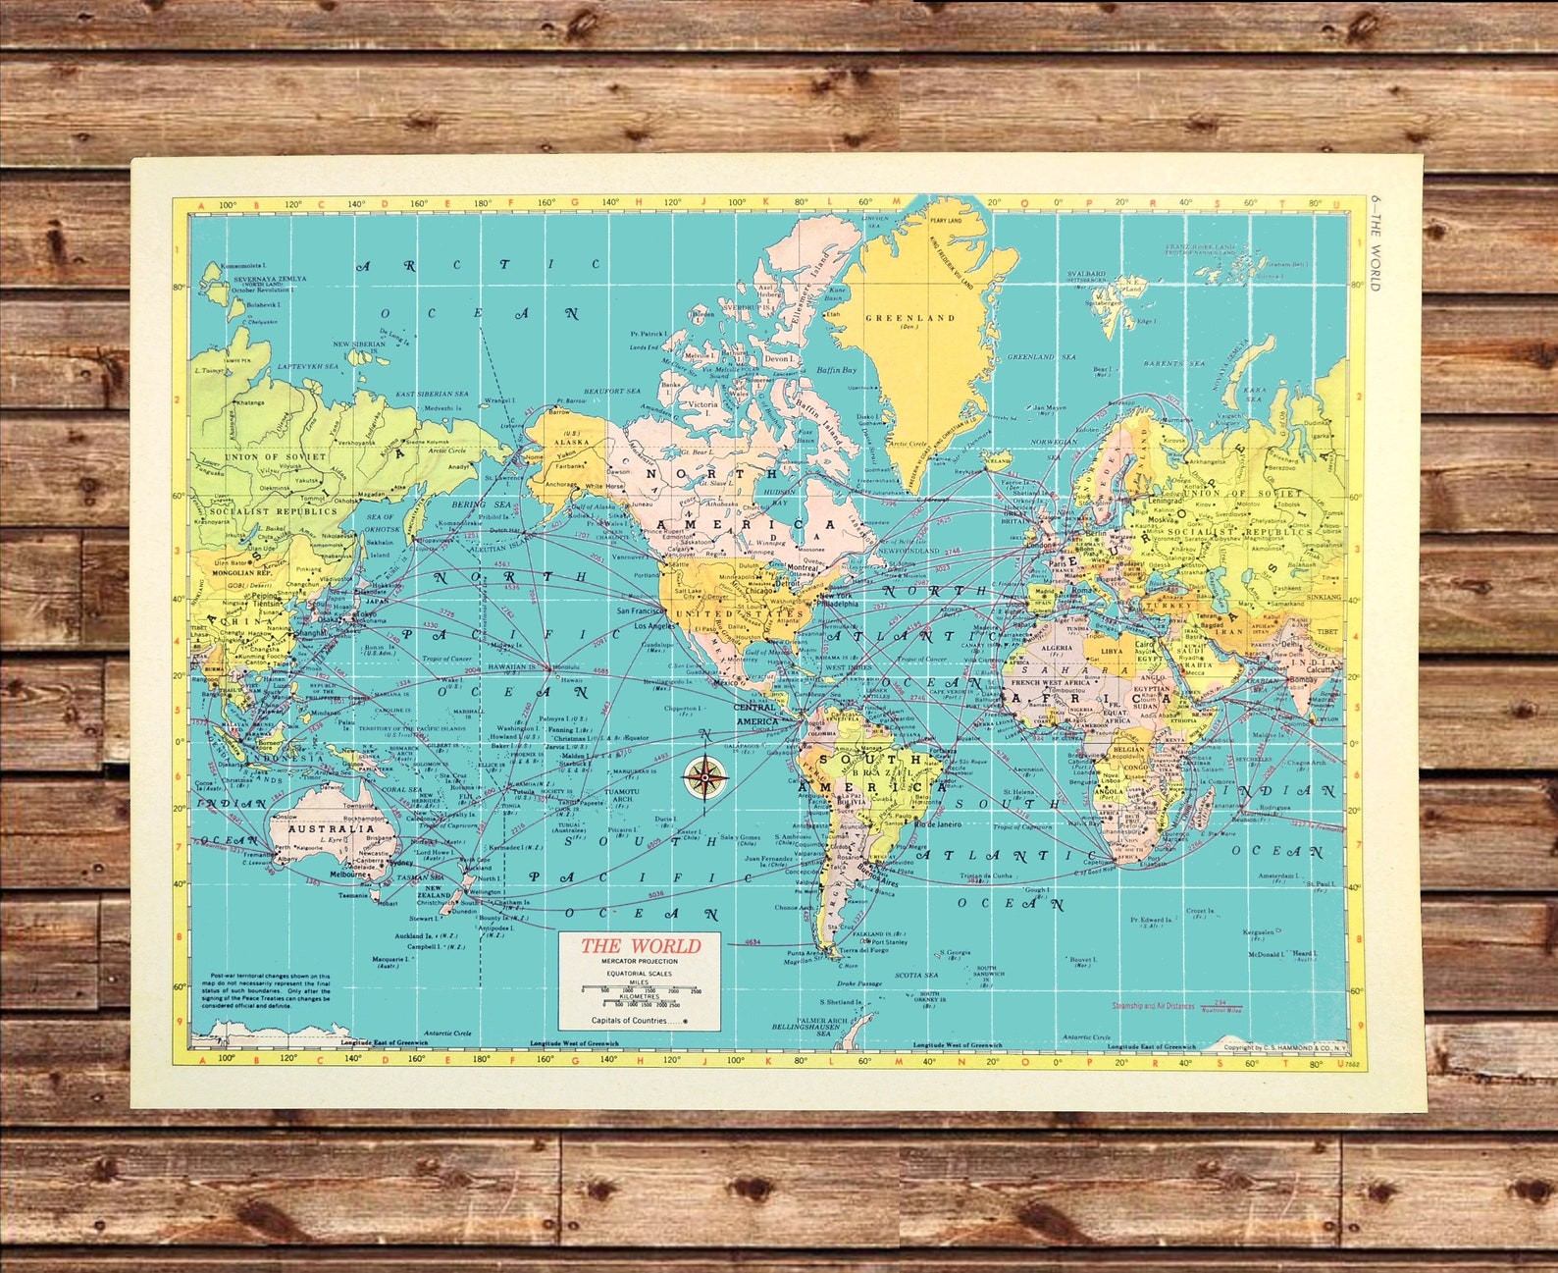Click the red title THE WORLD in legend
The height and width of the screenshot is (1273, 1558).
point(640,946)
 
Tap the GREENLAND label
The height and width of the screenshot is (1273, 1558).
point(909,318)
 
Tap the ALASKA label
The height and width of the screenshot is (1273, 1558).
point(572,443)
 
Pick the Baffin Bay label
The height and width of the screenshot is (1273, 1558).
point(836,370)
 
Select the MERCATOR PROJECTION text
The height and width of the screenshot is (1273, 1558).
point(640,961)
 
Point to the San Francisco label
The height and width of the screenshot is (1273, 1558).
point(642,610)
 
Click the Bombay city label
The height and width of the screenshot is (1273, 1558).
point(1302,680)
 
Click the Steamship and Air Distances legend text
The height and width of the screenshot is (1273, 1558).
point(1153,1005)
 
